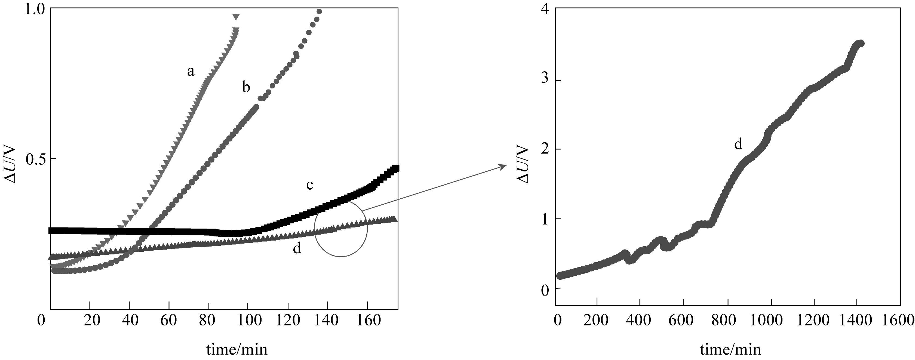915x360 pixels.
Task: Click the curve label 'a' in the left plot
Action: click(x=191, y=72)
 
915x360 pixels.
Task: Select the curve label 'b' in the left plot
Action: click(x=246, y=87)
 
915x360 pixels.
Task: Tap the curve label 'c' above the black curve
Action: click(x=310, y=185)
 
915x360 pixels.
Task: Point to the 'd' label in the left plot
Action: click(x=297, y=249)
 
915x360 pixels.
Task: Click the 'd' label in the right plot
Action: click(x=738, y=144)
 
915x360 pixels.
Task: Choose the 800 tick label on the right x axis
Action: click(x=728, y=321)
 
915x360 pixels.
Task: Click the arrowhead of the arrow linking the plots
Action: click(x=504, y=166)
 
